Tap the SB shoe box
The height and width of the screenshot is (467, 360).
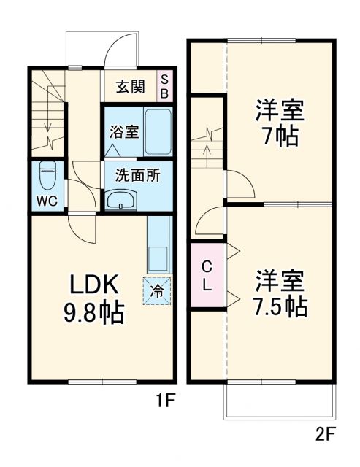click(x=165, y=87)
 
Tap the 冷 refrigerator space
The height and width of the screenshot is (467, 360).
click(x=157, y=290)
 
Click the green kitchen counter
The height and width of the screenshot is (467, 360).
click(x=158, y=244)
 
